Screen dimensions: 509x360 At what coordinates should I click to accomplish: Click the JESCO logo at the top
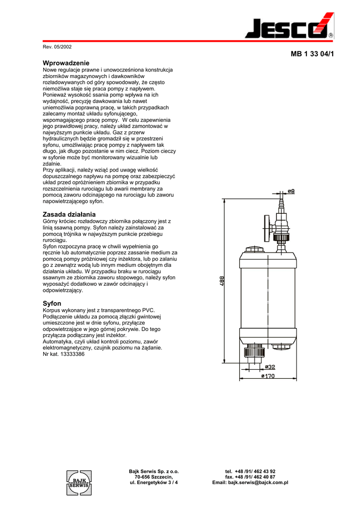pos(289,27)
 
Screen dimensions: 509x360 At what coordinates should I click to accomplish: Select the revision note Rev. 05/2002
pos(58,47)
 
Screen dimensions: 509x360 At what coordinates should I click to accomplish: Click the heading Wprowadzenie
pos(66,63)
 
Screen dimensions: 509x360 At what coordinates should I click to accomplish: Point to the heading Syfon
pos(52,303)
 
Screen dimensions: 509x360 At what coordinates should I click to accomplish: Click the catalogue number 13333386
pos(74,354)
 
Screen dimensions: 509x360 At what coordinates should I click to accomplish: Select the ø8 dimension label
pos(292,191)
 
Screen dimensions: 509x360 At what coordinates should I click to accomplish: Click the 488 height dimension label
pos(221,281)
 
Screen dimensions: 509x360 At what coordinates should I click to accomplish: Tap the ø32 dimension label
pos(270,366)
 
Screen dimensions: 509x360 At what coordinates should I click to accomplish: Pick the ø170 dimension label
pos(268,376)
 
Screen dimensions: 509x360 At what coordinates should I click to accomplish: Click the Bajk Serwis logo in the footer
pos(79,482)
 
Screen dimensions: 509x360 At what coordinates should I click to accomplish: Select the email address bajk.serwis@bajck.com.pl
pos(250,483)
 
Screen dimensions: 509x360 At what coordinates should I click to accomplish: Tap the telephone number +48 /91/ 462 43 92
pos(250,471)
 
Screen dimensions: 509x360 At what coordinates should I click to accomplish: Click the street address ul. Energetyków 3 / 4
pos(154,483)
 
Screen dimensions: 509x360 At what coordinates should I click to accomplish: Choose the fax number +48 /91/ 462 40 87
pos(250,477)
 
